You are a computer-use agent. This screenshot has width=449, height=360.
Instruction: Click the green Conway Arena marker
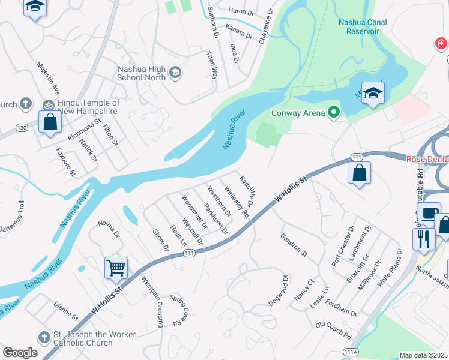tap(334, 112)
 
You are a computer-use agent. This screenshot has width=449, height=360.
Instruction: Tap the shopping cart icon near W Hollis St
tap(116, 268)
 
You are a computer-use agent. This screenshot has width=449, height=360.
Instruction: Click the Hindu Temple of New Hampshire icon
tap(48, 104)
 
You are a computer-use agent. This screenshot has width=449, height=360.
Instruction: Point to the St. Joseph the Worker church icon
tap(44, 338)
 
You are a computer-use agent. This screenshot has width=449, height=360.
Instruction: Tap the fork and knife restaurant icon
tap(424, 238)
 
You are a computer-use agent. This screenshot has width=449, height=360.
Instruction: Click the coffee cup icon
tap(429, 213)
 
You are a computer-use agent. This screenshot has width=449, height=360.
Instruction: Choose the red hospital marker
tap(441, 44)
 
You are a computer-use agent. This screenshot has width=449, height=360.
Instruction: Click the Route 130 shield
tap(22, 128)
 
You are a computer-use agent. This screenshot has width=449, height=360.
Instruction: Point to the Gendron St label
tap(294, 245)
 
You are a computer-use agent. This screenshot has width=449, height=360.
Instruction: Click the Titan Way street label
tap(212, 65)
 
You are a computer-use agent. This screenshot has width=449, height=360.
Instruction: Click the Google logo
tap(20, 353)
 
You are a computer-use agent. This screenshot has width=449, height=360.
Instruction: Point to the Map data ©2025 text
tap(424, 355)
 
